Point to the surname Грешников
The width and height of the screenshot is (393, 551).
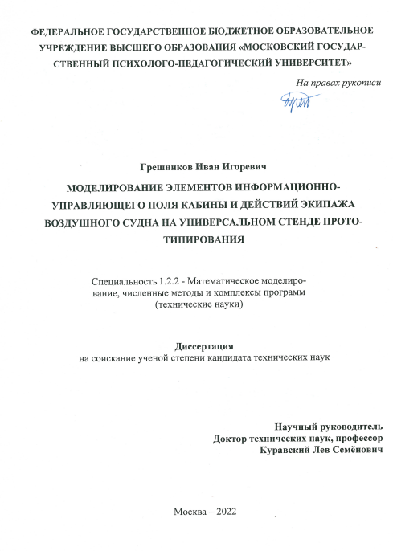(164, 169)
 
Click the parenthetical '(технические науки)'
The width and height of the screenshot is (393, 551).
(197, 306)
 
